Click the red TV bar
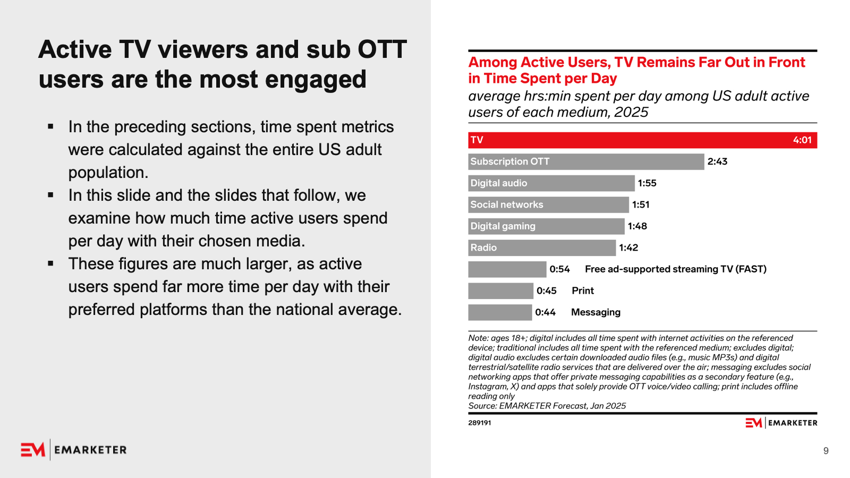tap(642, 140)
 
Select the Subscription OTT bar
tap(586, 161)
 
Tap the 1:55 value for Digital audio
tap(647, 183)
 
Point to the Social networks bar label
tap(507, 204)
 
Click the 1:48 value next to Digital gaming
tap(637, 226)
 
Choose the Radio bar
tap(542, 247)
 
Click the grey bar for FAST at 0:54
tap(507, 269)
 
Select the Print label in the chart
tap(582, 291)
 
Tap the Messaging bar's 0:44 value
tap(545, 312)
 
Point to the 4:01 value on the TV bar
tap(802, 140)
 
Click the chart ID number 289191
tap(480, 423)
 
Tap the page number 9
tap(826, 451)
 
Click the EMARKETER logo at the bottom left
tap(74, 449)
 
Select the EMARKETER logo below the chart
tap(781, 423)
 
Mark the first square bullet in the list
tap(50, 126)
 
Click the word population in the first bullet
tap(108, 173)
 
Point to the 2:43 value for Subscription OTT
tap(717, 161)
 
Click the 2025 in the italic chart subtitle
tap(631, 112)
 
